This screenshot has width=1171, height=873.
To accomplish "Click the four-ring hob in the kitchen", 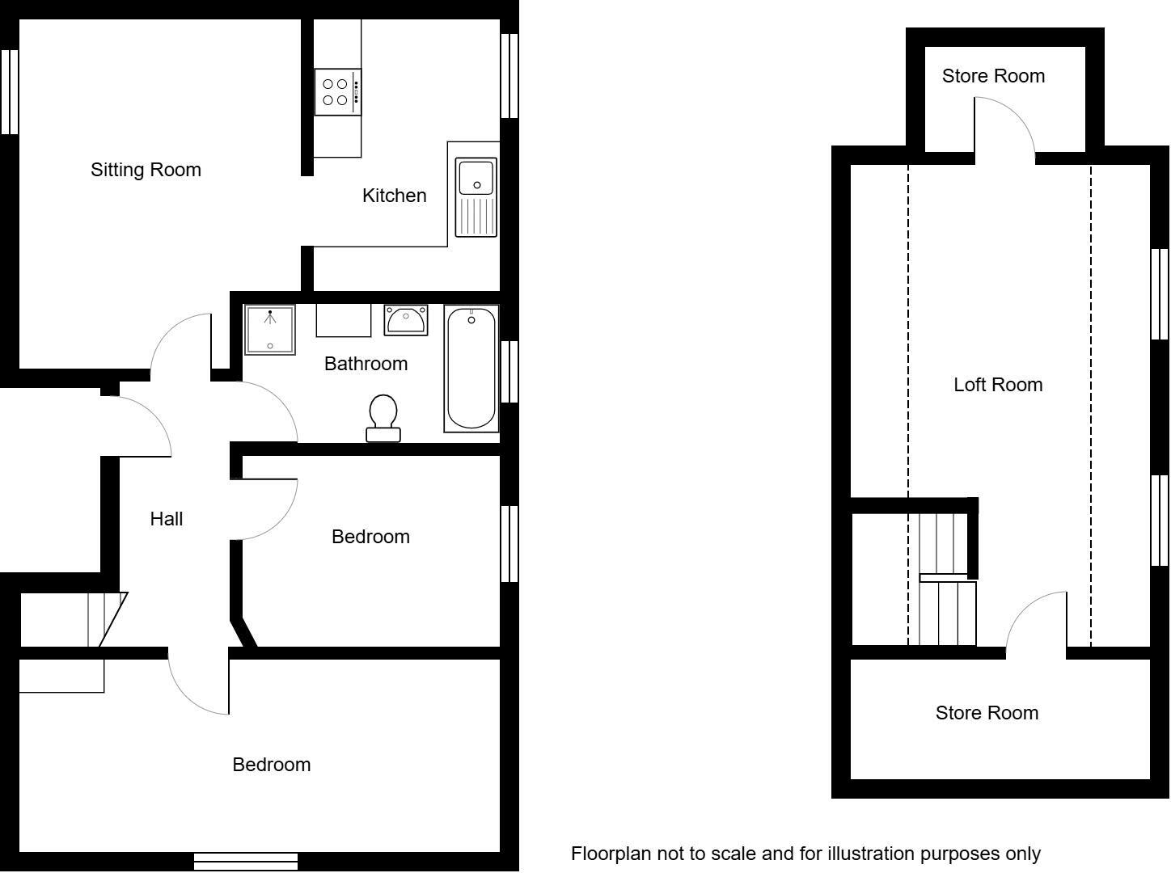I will pyautogui.click(x=337, y=92).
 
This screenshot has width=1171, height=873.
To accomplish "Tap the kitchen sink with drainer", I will pyautogui.click(x=476, y=197).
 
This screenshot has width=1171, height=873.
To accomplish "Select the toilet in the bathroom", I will pyautogui.click(x=383, y=418).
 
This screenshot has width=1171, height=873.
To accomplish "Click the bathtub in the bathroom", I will pyautogui.click(x=471, y=369).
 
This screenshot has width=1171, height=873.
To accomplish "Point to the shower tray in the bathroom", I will pyautogui.click(x=270, y=330).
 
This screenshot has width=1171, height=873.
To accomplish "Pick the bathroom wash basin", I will pyautogui.click(x=406, y=320).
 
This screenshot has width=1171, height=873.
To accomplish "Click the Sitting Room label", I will pyautogui.click(x=146, y=170).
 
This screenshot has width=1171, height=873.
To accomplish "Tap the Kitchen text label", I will pyautogui.click(x=394, y=196).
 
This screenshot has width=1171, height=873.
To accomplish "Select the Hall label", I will pyautogui.click(x=167, y=519).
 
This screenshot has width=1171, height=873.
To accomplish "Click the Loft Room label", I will pyautogui.click(x=998, y=385).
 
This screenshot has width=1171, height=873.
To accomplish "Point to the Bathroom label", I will pyautogui.click(x=366, y=364).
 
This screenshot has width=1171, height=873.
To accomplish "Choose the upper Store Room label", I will pyautogui.click(x=993, y=76).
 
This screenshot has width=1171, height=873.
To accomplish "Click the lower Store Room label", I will pyautogui.click(x=987, y=713).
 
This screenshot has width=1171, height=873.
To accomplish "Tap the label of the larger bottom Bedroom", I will pyautogui.click(x=271, y=765).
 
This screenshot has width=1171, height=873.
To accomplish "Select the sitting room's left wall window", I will pyautogui.click(x=9, y=91).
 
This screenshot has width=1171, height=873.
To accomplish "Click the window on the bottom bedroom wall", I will pyautogui.click(x=246, y=862).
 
